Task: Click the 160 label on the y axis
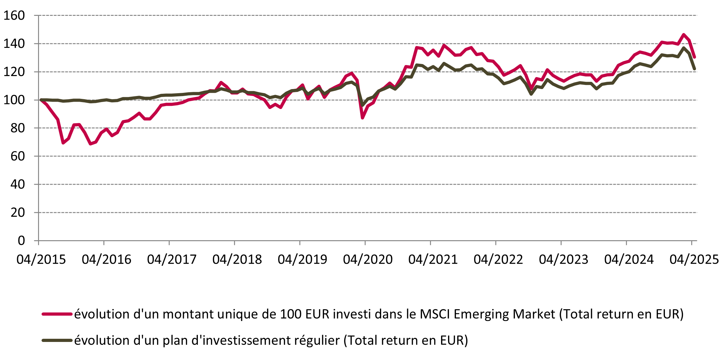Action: (14, 16)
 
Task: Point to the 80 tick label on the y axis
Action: (17, 128)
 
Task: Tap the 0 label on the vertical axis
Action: (21, 241)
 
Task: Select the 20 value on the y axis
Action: (17, 213)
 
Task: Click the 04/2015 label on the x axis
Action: (41, 260)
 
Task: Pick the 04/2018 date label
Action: (237, 260)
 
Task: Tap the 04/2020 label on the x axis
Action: (368, 260)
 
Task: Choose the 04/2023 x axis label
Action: (563, 260)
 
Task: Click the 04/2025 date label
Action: (694, 260)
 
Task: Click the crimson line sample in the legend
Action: (57, 314)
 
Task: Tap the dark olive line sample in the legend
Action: (57, 340)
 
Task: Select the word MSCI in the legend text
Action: (435, 314)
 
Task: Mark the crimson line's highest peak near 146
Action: (684, 35)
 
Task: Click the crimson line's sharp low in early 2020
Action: (362, 118)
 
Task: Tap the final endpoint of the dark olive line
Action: (694, 69)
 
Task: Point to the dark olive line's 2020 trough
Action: (362, 105)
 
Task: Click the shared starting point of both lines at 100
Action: (41, 100)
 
